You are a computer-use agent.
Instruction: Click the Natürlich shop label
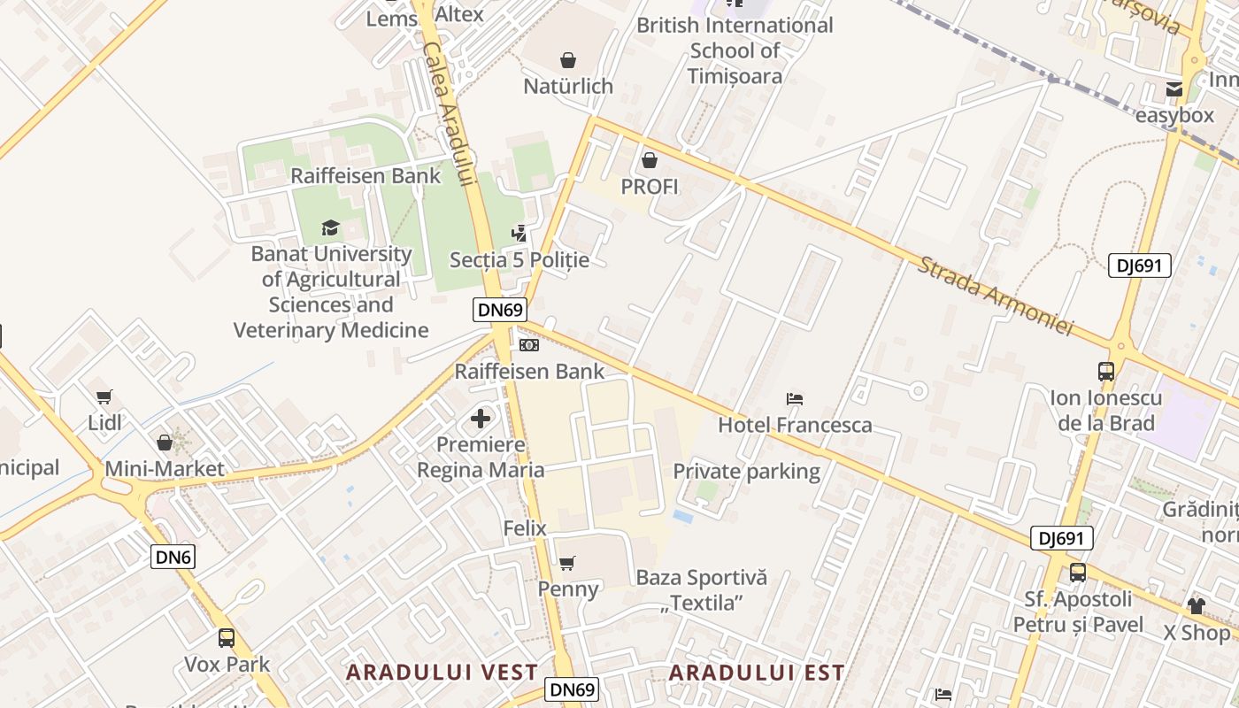click(x=568, y=86)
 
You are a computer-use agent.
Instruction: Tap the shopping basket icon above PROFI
click(x=650, y=160)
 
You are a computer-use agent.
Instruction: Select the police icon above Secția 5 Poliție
click(x=519, y=234)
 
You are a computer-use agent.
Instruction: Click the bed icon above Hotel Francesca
click(x=795, y=399)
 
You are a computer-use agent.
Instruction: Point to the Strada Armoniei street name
click(x=995, y=296)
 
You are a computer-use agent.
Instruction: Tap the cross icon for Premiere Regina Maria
click(x=481, y=418)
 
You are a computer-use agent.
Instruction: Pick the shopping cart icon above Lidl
click(x=104, y=397)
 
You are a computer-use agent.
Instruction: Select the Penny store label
click(x=568, y=589)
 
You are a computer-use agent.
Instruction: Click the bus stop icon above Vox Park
click(x=227, y=637)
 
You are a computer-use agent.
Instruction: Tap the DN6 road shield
click(x=173, y=557)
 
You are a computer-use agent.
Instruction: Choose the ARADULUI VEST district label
click(x=442, y=672)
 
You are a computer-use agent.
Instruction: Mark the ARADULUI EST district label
click(x=757, y=673)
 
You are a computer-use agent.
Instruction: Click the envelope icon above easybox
click(x=1174, y=89)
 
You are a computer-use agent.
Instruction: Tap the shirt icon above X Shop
click(x=1197, y=606)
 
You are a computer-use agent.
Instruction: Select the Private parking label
click(x=747, y=471)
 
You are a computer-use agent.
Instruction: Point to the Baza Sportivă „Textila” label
click(x=702, y=590)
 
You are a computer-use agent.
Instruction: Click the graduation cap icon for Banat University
click(x=331, y=227)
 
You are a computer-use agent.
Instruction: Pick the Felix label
click(x=525, y=528)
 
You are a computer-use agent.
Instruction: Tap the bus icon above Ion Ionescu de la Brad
click(x=1106, y=372)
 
